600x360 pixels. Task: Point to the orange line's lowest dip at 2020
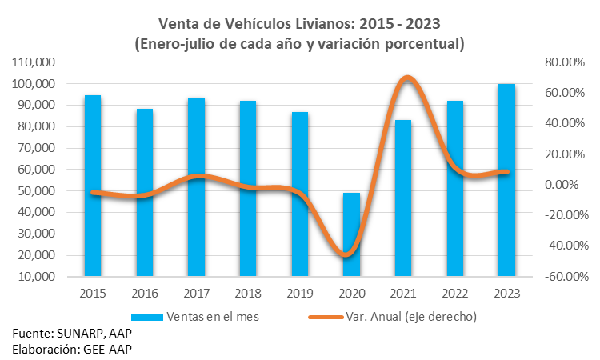pyautogui.click(x=348, y=255)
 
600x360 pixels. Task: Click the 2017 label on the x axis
pyautogui.click(x=197, y=293)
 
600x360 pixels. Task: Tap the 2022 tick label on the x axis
pyautogui.click(x=454, y=293)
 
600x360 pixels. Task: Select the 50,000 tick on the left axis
pyautogui.click(x=34, y=191)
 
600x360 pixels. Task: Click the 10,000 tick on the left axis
pyautogui.click(x=34, y=277)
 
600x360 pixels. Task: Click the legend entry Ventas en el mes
pyautogui.click(x=212, y=316)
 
